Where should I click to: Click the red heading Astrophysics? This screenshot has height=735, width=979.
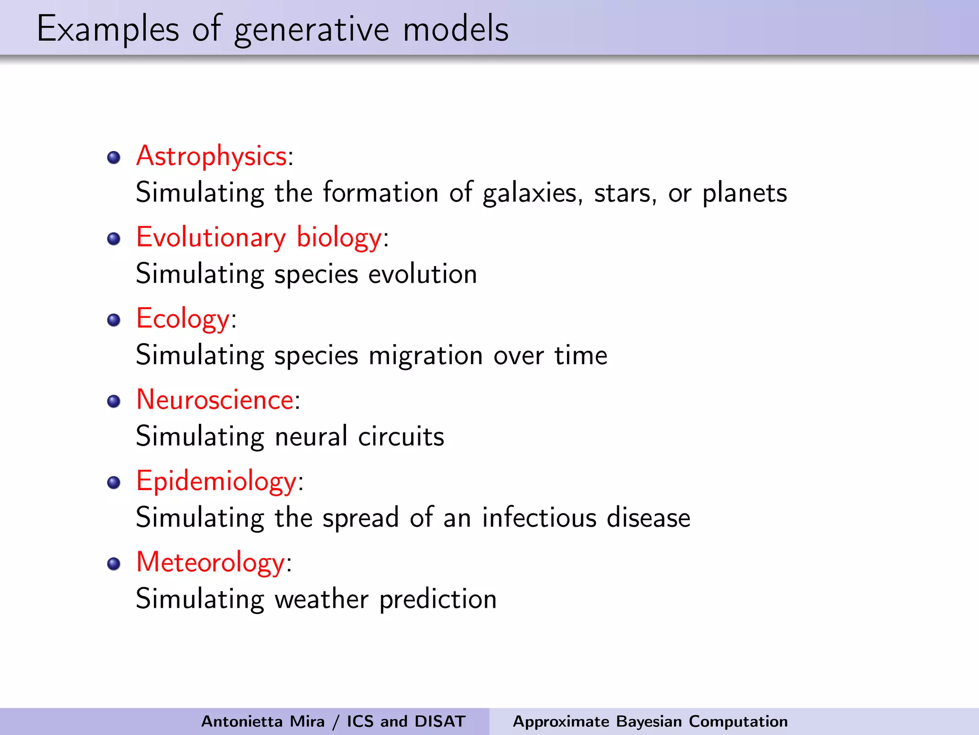211,156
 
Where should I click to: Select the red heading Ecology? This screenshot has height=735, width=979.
183,319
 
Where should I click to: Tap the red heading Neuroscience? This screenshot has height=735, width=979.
215,400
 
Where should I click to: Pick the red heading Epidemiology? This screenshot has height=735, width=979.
216,481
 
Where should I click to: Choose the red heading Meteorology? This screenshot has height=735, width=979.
210,562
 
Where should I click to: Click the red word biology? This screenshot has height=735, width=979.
339,238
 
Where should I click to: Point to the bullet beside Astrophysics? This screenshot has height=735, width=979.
114,157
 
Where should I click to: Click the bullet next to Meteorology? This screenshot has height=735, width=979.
114,564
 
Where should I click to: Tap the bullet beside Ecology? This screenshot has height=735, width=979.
114,320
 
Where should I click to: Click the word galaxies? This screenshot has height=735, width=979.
532,194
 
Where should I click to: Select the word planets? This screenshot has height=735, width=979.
744,194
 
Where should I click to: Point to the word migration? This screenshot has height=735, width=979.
425,356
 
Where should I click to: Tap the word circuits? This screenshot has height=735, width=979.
401,437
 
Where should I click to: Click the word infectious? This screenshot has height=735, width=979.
539,518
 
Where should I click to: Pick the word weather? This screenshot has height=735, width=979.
321,599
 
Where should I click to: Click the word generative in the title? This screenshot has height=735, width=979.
312,30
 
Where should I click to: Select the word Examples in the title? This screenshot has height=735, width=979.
108,30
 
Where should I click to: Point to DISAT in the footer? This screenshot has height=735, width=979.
440,721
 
